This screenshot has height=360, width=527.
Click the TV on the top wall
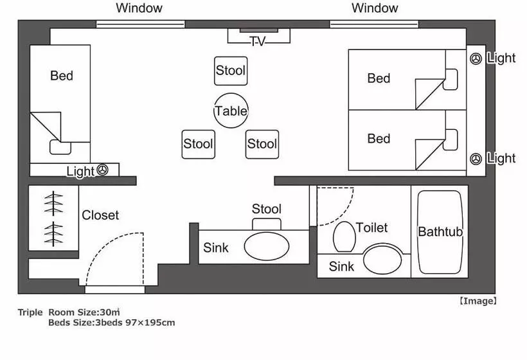click(x=258, y=35)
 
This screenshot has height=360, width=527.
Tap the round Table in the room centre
click(x=231, y=111)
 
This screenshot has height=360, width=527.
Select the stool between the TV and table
click(x=231, y=71)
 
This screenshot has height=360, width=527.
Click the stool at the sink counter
click(x=267, y=224)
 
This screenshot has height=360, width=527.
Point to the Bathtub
click(x=440, y=232)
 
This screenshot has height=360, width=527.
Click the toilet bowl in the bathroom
click(x=344, y=237)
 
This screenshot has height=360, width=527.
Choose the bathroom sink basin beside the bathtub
click(x=382, y=260)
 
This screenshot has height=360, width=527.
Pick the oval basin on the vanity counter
click(x=267, y=246)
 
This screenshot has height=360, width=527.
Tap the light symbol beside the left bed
click(x=103, y=170)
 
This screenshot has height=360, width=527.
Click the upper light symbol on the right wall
click(x=476, y=59)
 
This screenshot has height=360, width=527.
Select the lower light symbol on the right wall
click(x=476, y=159)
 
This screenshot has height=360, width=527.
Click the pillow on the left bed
click(x=60, y=147)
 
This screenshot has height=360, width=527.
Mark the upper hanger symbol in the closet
click(x=53, y=204)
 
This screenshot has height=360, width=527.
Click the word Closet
click(x=100, y=215)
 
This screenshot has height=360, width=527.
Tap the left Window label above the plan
click(x=139, y=8)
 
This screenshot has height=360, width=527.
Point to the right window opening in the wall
click(x=374, y=24)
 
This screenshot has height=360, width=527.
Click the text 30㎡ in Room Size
click(x=110, y=312)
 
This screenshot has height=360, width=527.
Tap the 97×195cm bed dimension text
click(x=150, y=323)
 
